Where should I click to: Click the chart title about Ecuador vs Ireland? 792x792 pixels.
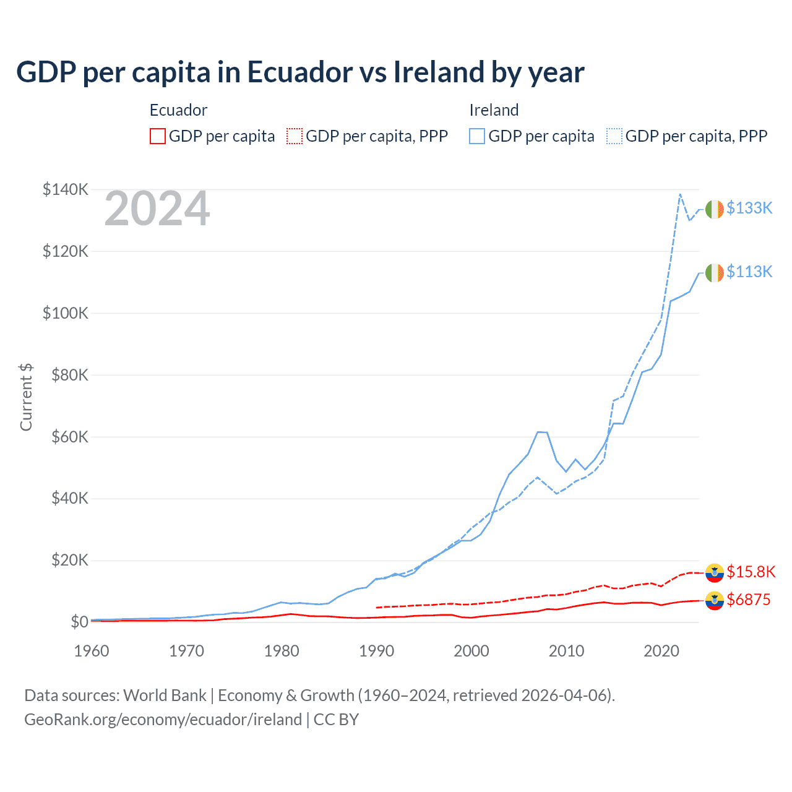click(300, 72)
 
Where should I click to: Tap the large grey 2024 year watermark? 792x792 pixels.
click(157, 209)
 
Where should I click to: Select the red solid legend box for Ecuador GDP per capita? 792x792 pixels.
click(158, 136)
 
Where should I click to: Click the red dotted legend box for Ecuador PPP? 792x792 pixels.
click(295, 136)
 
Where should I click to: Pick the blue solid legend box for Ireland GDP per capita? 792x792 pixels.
click(477, 136)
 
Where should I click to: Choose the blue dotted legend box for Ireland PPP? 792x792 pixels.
click(614, 136)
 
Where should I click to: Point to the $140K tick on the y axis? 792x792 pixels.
click(66, 189)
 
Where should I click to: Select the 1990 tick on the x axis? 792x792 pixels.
click(376, 651)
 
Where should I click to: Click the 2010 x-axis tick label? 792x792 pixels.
click(566, 651)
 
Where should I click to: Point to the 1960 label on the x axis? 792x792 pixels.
click(92, 651)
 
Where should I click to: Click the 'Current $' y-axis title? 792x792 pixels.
click(26, 397)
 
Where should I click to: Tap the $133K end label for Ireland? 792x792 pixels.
click(749, 208)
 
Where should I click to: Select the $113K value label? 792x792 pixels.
click(749, 272)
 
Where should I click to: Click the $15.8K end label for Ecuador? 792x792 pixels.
click(751, 572)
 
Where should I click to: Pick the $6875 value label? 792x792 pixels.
click(749, 600)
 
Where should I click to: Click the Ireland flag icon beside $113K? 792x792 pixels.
click(715, 272)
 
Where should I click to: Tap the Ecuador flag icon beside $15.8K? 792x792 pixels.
click(715, 572)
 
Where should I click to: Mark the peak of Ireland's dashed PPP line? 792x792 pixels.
click(680, 194)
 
